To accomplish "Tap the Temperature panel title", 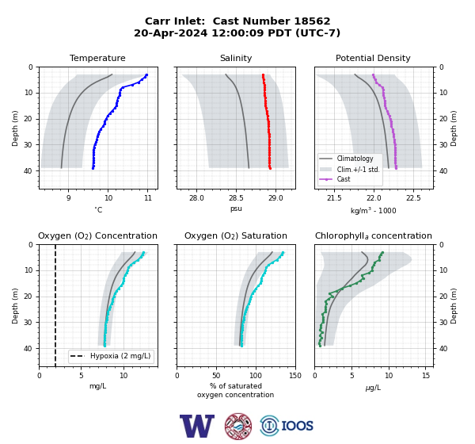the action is click(97, 58).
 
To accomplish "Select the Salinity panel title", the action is click(236, 58).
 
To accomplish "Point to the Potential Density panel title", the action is click(373, 58).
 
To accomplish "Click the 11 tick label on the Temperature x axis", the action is click(147, 198).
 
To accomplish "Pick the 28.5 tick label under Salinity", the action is click(236, 198).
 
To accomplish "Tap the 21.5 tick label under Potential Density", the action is click(334, 198).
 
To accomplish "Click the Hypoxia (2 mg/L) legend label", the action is click(120, 356).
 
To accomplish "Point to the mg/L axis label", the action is click(97, 386).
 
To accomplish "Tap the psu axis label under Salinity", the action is click(236, 209).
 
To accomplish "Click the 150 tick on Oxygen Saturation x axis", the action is click(295, 376).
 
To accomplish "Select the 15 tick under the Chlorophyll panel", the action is click(426, 376).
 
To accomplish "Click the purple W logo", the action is click(197, 426).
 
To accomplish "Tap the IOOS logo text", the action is click(297, 426).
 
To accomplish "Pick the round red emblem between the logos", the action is click(238, 426).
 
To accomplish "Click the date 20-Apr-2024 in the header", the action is click(170, 33).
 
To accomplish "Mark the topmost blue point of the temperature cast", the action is click(146, 75).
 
